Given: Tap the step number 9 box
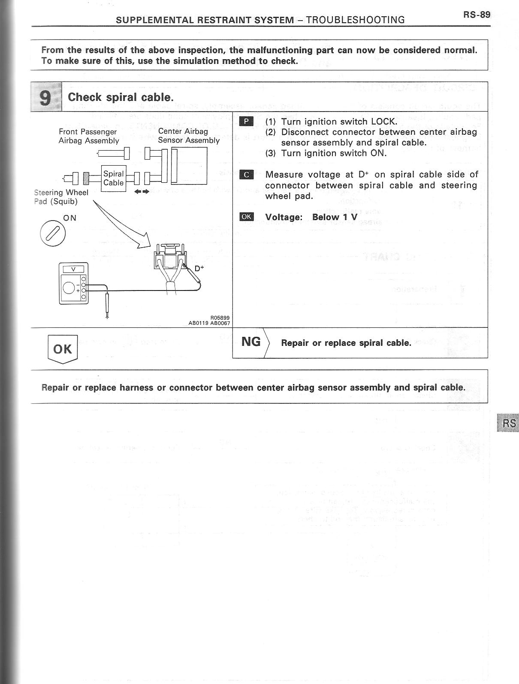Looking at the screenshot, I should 46,97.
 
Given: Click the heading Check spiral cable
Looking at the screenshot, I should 121,97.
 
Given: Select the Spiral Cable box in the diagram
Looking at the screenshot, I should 113,178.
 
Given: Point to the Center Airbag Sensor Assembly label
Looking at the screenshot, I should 188,136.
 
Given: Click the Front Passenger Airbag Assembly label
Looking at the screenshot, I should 88,136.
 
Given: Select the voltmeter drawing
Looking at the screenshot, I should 74,283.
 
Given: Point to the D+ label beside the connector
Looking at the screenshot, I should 199,269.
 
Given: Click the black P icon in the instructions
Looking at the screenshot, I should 246,121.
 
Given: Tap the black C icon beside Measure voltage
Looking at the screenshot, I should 246,175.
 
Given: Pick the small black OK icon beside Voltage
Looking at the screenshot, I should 246,217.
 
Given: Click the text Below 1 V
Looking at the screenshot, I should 335,217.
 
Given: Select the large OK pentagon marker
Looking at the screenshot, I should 63,349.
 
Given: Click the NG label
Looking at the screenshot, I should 251,342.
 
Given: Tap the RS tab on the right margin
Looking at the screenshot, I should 509,423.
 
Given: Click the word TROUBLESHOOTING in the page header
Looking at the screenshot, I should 356,20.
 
